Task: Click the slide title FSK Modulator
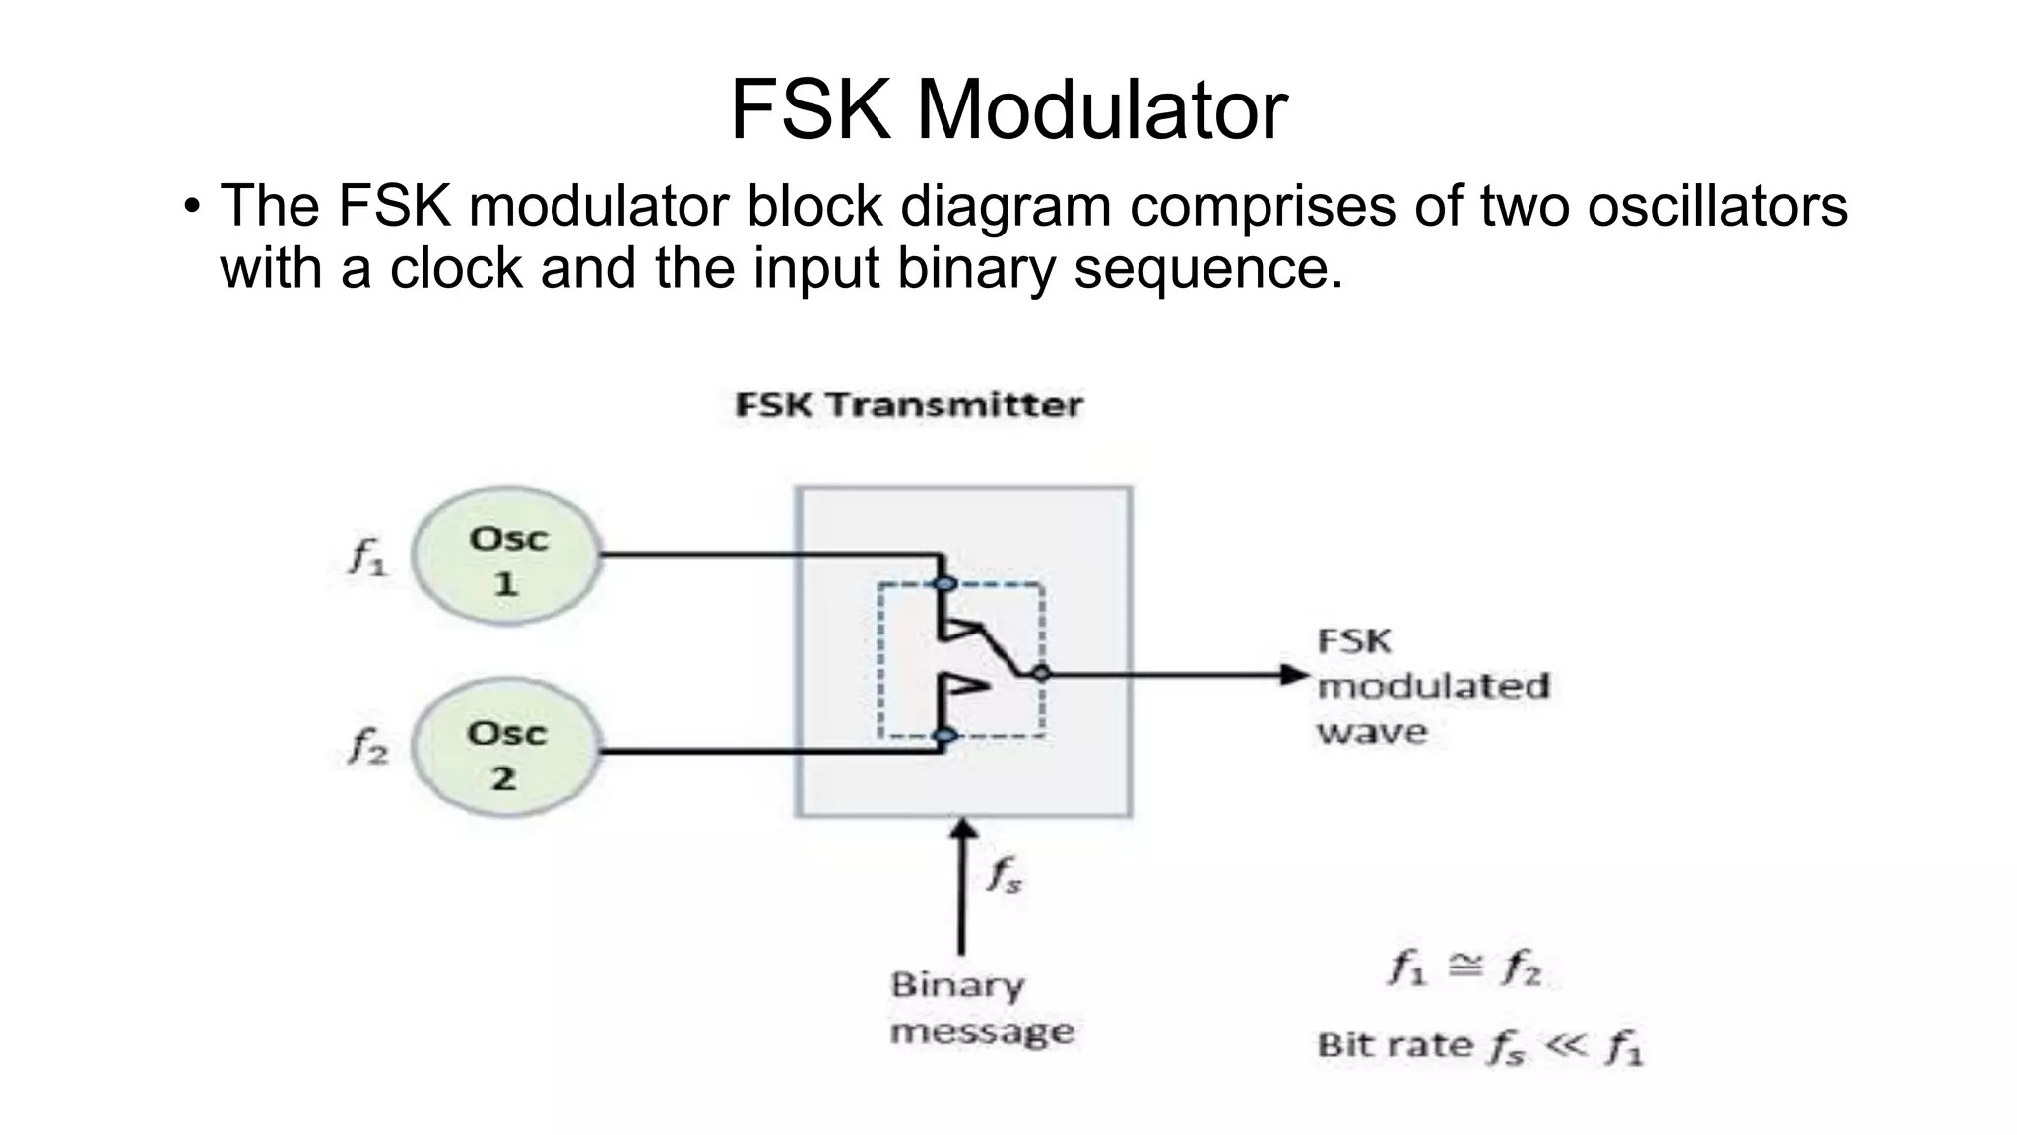[x=1008, y=110]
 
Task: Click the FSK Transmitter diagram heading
[x=908, y=405]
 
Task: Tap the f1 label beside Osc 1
[x=368, y=558]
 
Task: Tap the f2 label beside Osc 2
[x=368, y=746]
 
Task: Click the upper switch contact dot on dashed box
[x=944, y=584]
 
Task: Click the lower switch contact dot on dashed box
[x=944, y=735]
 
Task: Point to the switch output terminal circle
[x=1041, y=674]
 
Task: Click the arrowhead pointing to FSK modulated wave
[x=1293, y=675]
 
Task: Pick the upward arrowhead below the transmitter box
[x=962, y=832]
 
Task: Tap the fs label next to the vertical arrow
[x=1004, y=874]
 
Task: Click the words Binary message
[x=980, y=1008]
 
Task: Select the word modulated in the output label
[x=1433, y=686]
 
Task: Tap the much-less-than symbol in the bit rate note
[x=1566, y=1044]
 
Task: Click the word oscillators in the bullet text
[x=1717, y=206]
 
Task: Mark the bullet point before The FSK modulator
[x=192, y=208]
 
